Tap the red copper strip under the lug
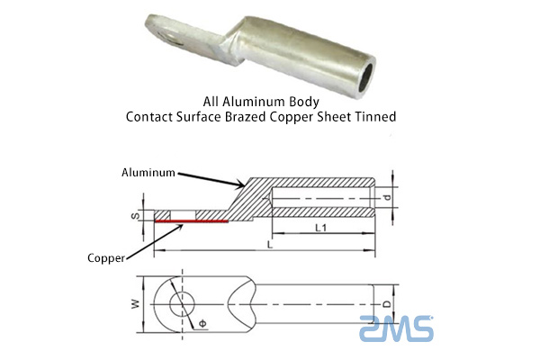click(191, 220)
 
